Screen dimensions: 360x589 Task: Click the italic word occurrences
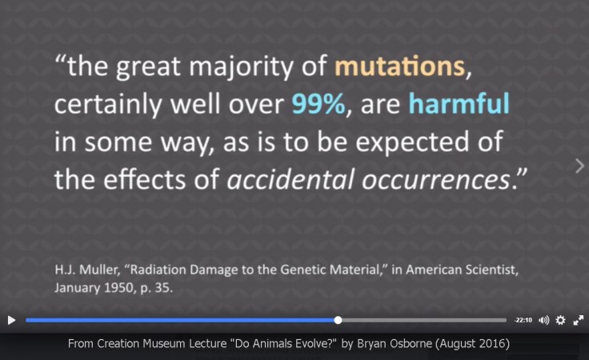[x=432, y=180]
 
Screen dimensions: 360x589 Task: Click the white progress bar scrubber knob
[x=339, y=320]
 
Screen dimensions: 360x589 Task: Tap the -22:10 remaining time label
[x=523, y=320]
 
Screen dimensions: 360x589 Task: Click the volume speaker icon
[x=544, y=320]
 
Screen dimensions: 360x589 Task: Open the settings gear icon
[x=561, y=320]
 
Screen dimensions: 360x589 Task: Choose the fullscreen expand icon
[x=579, y=320]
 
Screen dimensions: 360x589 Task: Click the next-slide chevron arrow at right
[x=579, y=165]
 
